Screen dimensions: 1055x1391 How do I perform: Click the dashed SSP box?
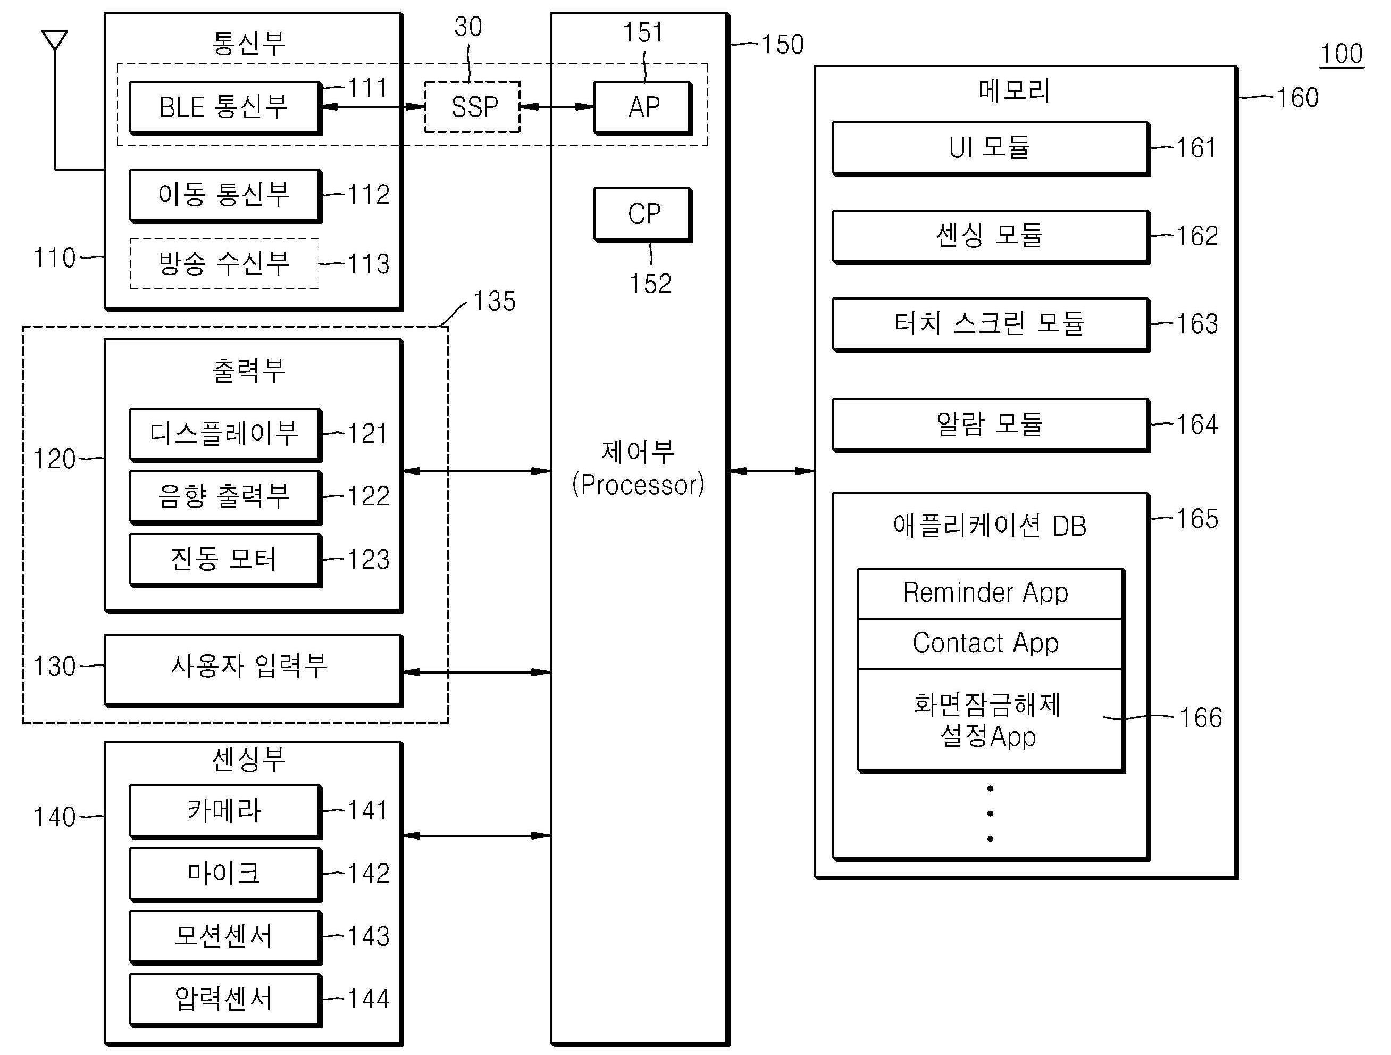[x=472, y=107]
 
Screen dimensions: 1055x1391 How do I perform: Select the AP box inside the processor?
[x=643, y=107]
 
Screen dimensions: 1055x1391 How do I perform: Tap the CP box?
[x=643, y=214]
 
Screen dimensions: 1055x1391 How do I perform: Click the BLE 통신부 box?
[x=224, y=107]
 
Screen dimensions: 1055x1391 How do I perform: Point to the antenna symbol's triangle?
[x=55, y=40]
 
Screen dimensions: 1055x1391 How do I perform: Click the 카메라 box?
[x=224, y=810]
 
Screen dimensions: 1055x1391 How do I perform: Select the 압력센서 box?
[x=224, y=999]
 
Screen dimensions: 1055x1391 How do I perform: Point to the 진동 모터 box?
[x=224, y=559]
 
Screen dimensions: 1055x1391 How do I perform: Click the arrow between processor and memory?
[x=772, y=470]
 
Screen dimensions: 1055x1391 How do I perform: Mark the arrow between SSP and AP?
[x=557, y=107]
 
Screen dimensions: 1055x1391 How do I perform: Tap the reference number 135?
[x=495, y=301]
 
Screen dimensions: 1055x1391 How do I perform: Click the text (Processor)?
[x=638, y=485]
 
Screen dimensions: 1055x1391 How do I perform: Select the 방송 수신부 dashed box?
[x=224, y=263]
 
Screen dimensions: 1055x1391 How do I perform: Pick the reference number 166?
[x=1200, y=718]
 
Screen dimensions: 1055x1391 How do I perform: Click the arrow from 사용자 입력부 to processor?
[x=476, y=672]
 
